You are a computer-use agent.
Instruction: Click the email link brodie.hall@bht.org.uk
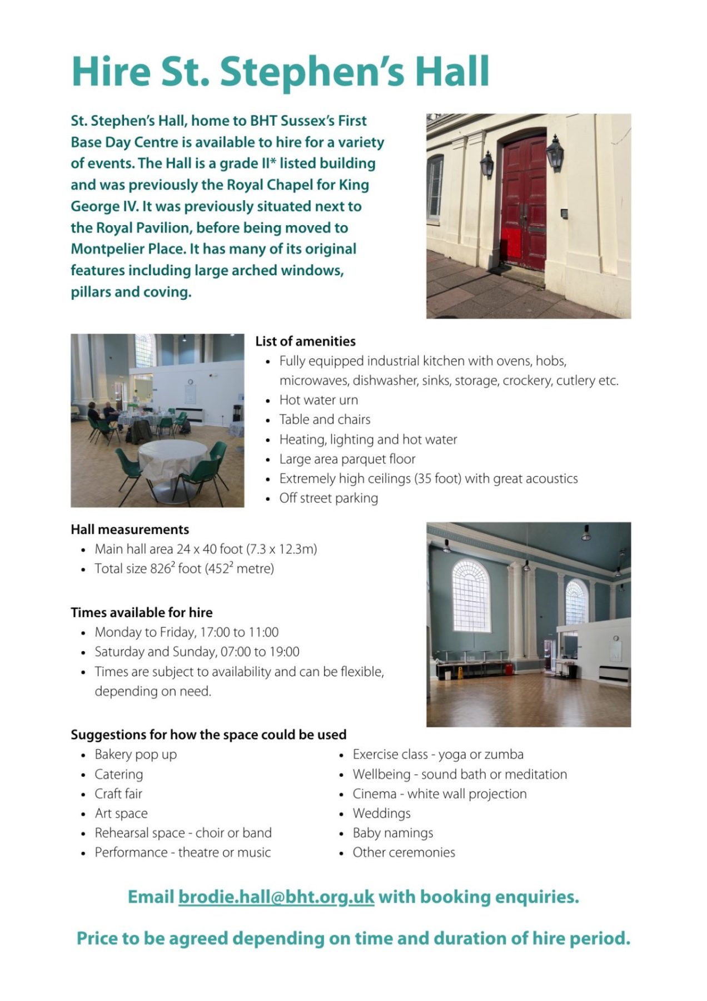click(x=276, y=897)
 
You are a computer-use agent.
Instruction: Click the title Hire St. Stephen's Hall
click(x=281, y=72)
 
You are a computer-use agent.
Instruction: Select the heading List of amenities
click(x=305, y=341)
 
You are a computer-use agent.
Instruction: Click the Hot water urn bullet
click(x=318, y=400)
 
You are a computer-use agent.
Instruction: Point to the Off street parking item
click(x=328, y=498)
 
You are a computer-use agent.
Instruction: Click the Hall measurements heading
click(x=130, y=529)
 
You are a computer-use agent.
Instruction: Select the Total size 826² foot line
click(x=184, y=569)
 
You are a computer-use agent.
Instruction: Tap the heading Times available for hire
click(x=141, y=612)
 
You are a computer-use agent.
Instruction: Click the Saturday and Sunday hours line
click(x=197, y=652)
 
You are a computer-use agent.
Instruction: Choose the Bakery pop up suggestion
click(x=136, y=755)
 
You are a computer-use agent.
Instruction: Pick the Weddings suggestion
click(x=381, y=814)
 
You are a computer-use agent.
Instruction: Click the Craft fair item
click(x=118, y=794)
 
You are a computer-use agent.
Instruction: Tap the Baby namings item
click(x=392, y=833)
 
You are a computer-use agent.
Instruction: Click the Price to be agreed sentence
click(x=353, y=939)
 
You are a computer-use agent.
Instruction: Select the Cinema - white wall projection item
click(x=439, y=794)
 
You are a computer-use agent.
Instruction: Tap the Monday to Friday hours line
click(x=186, y=632)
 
